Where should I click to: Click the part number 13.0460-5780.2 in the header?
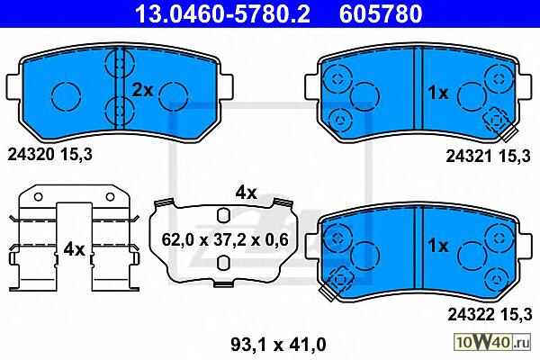pyautogui.click(x=223, y=13)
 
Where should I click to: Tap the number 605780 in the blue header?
pyautogui.click(x=381, y=13)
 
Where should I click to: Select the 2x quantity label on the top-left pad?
pyautogui.click(x=142, y=90)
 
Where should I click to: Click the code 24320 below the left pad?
pyautogui.click(x=31, y=155)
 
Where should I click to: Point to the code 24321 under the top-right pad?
pyautogui.click(x=469, y=157)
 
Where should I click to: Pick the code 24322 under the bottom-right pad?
pyautogui.click(x=471, y=314)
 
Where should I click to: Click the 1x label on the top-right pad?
pyautogui.click(x=438, y=93)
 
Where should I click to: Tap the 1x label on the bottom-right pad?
pyautogui.click(x=438, y=246)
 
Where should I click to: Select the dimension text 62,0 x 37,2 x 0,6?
pyautogui.click(x=224, y=240)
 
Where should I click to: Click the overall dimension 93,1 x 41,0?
pyautogui.click(x=278, y=345)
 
